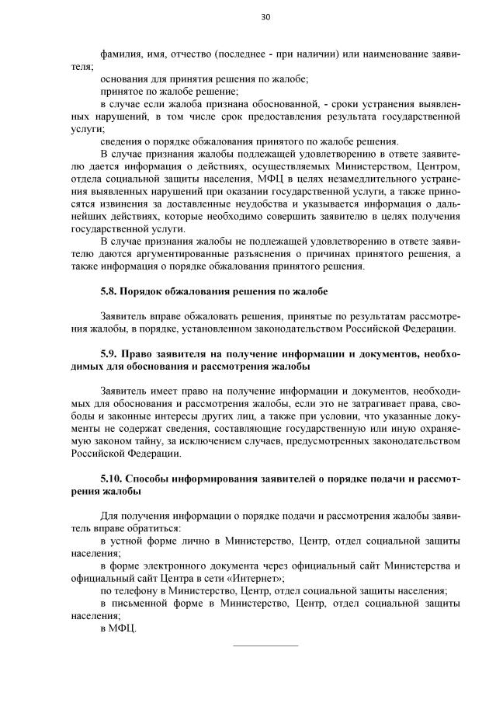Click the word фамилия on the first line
click(x=120, y=55)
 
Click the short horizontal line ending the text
click(x=265, y=645)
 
